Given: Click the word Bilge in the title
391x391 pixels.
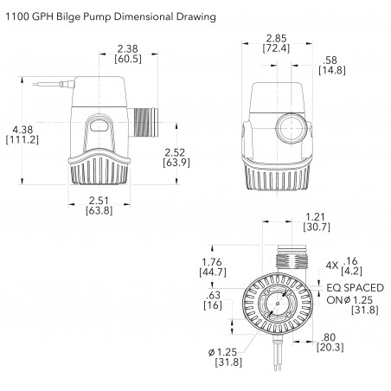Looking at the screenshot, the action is point(68,16).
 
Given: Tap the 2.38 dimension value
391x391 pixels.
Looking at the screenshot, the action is point(128,48).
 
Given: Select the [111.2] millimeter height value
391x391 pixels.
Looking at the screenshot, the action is point(22,140).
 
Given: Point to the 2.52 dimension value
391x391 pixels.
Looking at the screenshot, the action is point(175,152).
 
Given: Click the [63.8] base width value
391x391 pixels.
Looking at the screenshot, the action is point(99,210).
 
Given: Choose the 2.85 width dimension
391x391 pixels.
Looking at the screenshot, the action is point(276,38).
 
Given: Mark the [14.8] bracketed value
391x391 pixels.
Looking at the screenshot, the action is point(332,70).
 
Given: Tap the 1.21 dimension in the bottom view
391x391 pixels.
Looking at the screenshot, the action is point(315,217).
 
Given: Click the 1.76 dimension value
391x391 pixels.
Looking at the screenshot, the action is point(212,262).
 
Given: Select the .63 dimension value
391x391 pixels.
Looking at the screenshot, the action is point(213,295).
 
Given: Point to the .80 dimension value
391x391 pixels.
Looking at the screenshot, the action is point(329,337).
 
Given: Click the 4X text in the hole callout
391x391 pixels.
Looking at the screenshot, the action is point(331,266).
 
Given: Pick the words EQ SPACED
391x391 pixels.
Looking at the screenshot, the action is point(356,288).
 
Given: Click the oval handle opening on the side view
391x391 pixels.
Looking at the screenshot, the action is point(99,125).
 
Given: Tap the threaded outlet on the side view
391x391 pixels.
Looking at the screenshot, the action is point(143,123).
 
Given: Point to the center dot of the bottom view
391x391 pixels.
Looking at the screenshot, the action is point(278,304).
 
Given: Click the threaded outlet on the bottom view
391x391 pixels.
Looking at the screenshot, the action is point(292,258).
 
